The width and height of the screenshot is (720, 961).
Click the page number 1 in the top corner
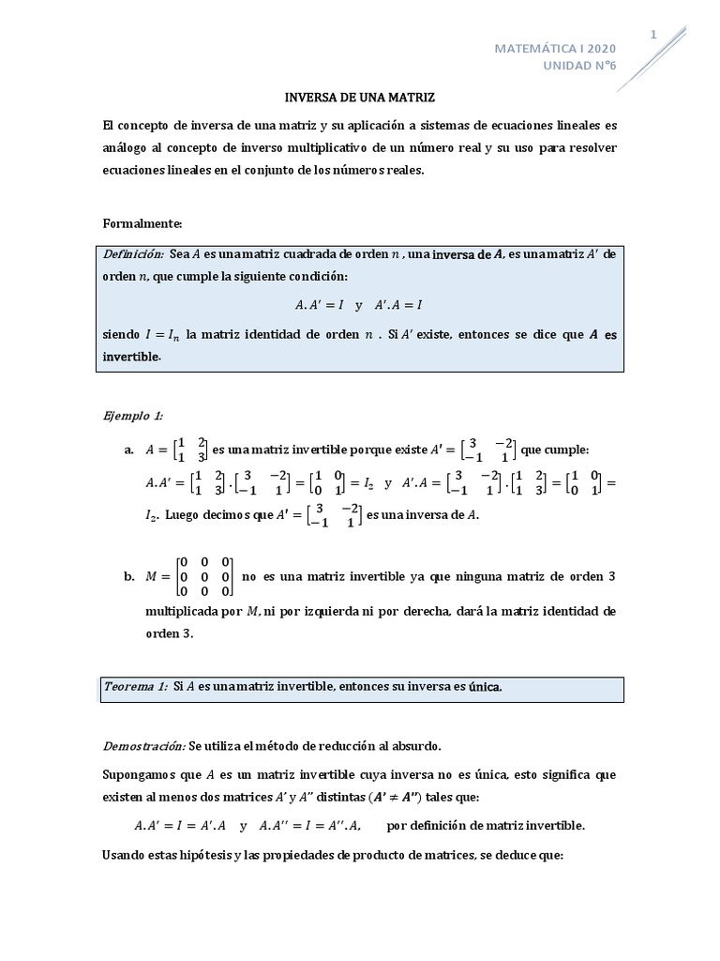pos(654,34)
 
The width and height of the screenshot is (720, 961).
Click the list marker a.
pos(129,450)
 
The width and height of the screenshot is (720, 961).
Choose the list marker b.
pos(129,576)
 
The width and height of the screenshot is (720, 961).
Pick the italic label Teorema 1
pos(135,687)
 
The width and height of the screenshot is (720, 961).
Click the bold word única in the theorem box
pos(485,687)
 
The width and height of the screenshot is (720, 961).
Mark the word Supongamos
pos(145,776)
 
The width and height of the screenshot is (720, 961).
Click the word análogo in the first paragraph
pos(130,148)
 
